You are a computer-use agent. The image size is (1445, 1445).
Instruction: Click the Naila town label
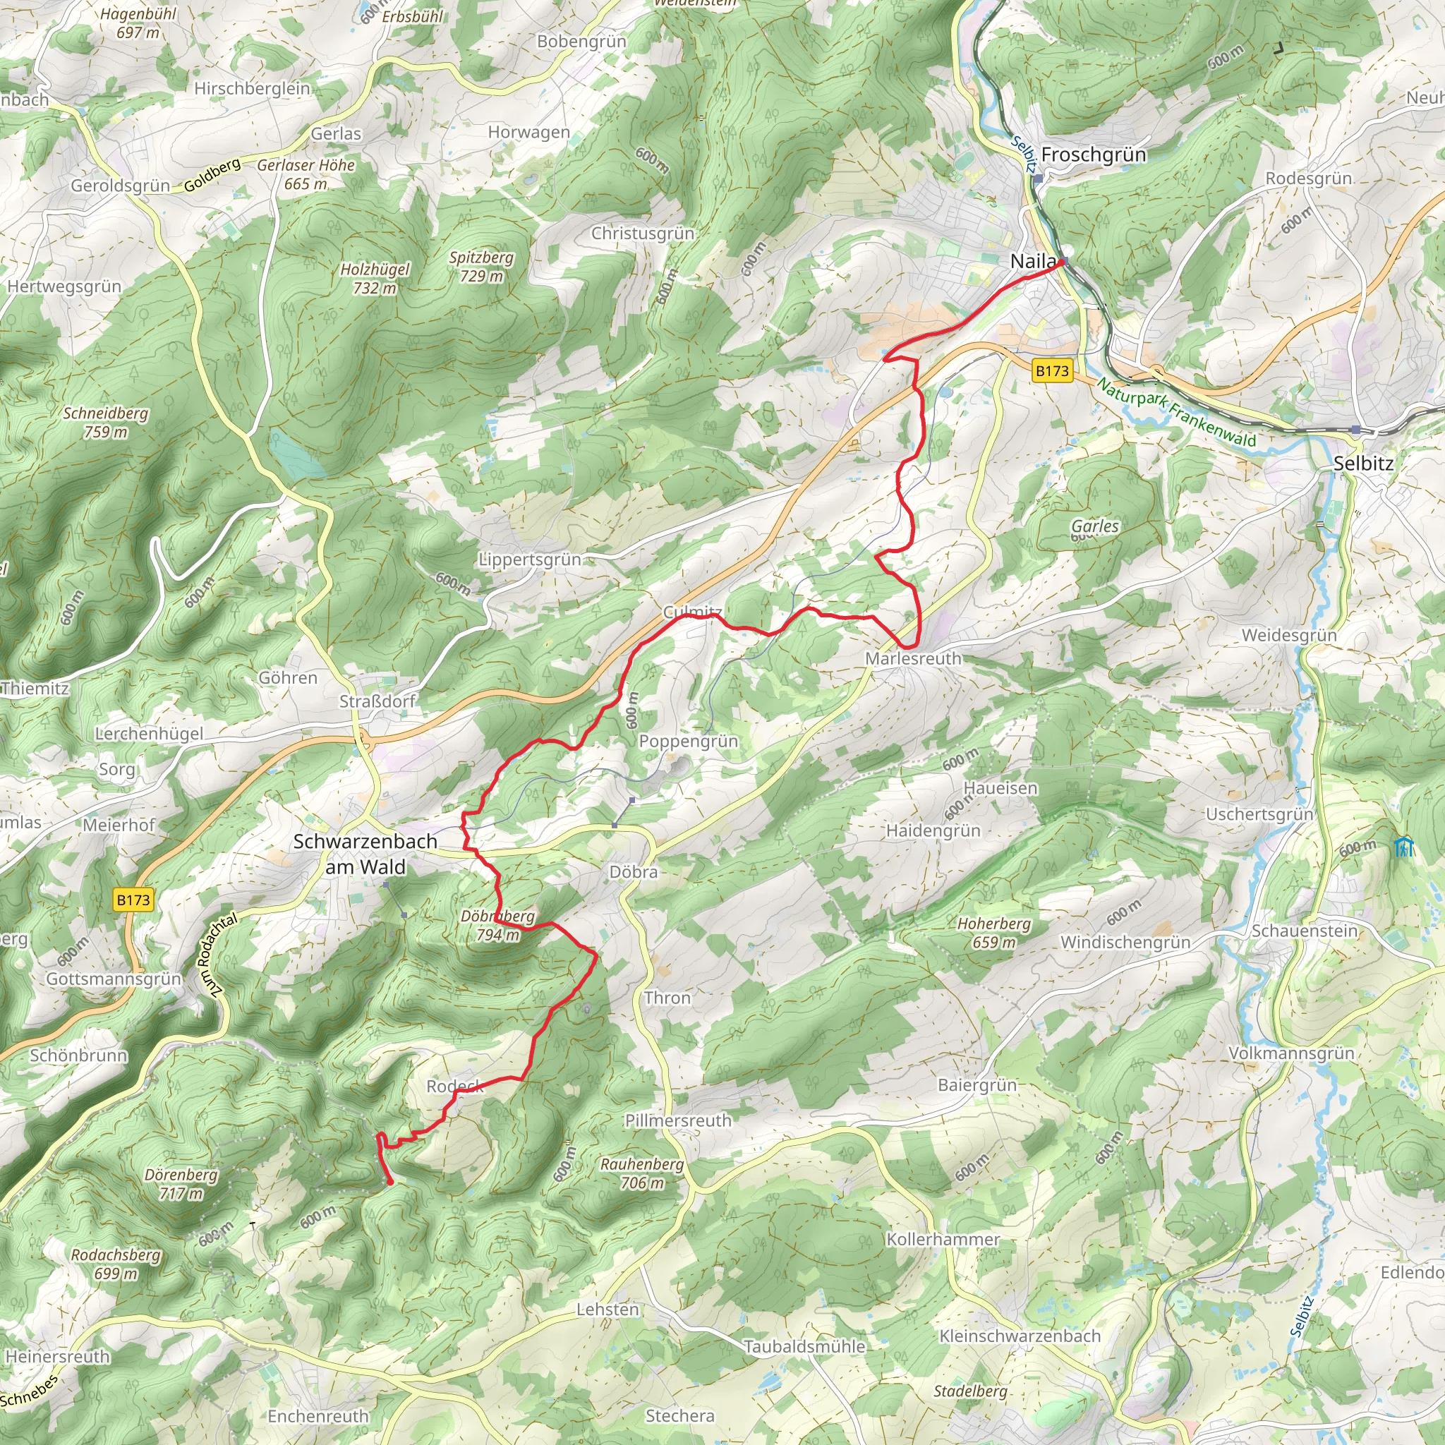pyautogui.click(x=1033, y=261)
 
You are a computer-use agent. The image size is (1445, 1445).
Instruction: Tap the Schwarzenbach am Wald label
pyautogui.click(x=365, y=854)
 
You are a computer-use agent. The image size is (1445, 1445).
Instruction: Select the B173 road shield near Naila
pyautogui.click(x=1051, y=370)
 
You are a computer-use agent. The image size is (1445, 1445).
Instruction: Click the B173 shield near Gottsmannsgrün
pyautogui.click(x=133, y=899)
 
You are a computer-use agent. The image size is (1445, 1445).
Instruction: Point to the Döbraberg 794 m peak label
pyautogui.click(x=498, y=925)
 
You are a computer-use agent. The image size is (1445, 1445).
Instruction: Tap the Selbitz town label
pyautogui.click(x=1362, y=463)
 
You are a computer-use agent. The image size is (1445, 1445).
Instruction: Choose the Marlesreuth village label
pyautogui.click(x=913, y=658)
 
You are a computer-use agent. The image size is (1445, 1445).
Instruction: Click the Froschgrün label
pyautogui.click(x=1093, y=155)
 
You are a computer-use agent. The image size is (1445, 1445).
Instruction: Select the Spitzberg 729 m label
pyautogui.click(x=481, y=266)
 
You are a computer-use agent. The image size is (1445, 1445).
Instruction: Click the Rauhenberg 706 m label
pyautogui.click(x=642, y=1173)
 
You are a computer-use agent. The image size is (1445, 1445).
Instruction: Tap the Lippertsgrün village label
pyautogui.click(x=530, y=560)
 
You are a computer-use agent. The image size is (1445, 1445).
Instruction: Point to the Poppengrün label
pyautogui.click(x=688, y=742)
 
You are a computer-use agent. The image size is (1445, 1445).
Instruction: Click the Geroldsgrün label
pyautogui.click(x=121, y=186)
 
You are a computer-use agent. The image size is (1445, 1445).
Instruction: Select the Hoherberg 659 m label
pyautogui.click(x=994, y=933)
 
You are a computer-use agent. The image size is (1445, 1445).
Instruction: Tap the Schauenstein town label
pyautogui.click(x=1305, y=931)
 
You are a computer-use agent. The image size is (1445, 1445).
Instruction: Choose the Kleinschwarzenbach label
pyautogui.click(x=1020, y=1336)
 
